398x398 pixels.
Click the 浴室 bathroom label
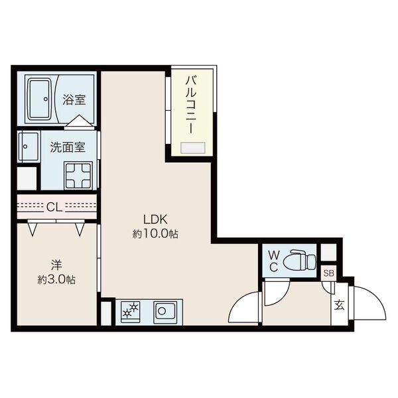tap(74, 99)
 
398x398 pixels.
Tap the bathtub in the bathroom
tap(39, 99)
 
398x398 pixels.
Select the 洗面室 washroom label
tap(68, 147)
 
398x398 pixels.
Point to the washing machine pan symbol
tap(78, 176)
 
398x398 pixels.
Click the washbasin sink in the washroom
tap(29, 147)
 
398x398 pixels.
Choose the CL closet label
tap(54, 208)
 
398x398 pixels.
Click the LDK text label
tap(155, 220)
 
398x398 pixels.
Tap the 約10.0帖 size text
tap(155, 234)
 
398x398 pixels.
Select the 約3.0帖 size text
tap(56, 280)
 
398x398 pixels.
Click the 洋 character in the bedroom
tap(56, 265)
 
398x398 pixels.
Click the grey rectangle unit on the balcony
tap(192, 148)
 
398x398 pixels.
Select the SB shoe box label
tap(329, 273)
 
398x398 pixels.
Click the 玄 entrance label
tap(340, 305)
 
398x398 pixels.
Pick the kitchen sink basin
tap(163, 311)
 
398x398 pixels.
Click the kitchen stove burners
tap(130, 312)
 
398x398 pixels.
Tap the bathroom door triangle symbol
tap(80, 121)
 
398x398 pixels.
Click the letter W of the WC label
tap(273, 255)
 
